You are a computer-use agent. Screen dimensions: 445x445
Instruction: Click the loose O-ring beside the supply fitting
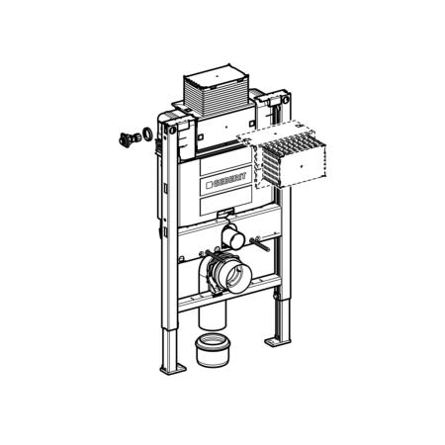(x=146, y=133)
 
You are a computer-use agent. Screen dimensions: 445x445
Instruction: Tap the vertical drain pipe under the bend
(x=212, y=314)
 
